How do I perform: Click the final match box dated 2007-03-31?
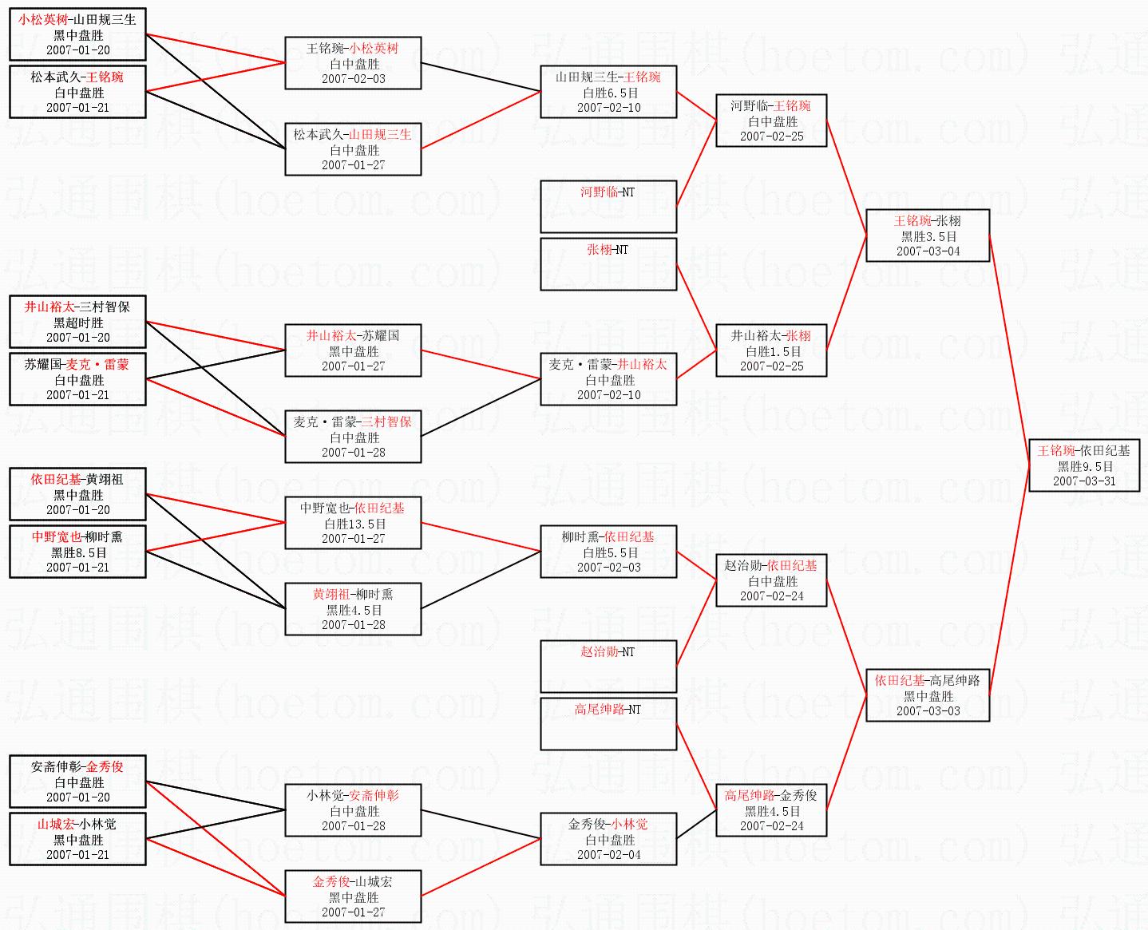(1083, 465)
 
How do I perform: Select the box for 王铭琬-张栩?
(927, 235)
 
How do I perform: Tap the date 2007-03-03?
(928, 710)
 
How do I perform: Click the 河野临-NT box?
(608, 206)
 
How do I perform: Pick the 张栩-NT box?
(608, 263)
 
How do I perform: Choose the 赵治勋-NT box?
(608, 666)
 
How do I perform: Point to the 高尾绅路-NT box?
(608, 723)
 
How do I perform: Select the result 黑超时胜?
(78, 323)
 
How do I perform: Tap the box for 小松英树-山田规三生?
(77, 34)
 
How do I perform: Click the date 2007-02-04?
(608, 854)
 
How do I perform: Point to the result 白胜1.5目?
(771, 351)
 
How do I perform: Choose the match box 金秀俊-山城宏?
(352, 896)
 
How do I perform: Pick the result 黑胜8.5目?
(78, 552)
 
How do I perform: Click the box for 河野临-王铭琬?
(770, 121)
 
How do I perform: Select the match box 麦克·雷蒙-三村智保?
(352, 437)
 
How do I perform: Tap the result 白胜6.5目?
(609, 93)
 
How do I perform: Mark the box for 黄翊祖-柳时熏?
(352, 609)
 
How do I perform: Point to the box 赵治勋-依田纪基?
(770, 580)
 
